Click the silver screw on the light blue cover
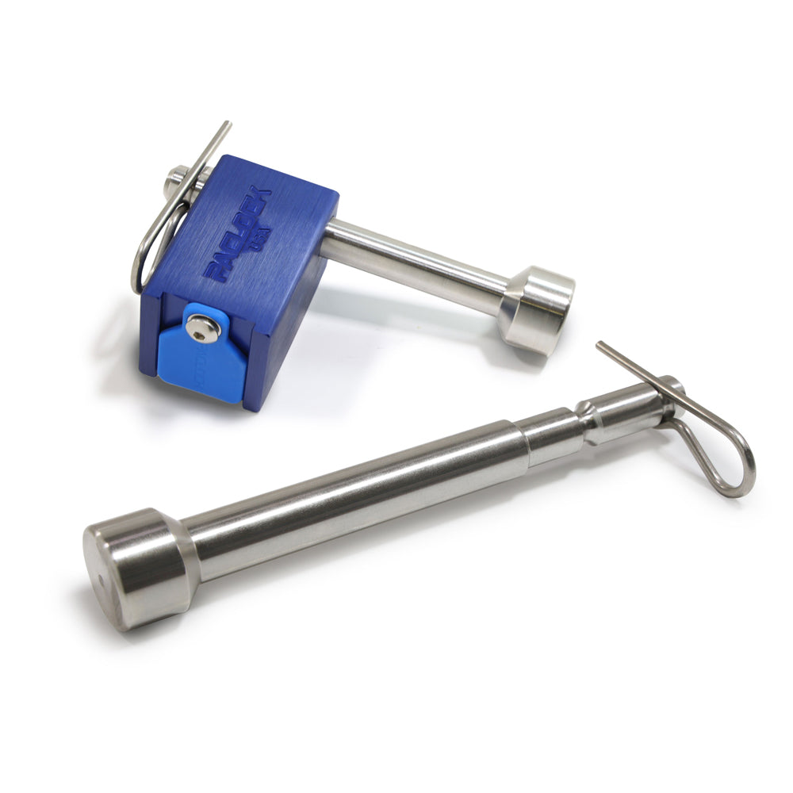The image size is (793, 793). coord(203,328)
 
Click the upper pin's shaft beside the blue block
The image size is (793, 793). coord(412,258)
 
